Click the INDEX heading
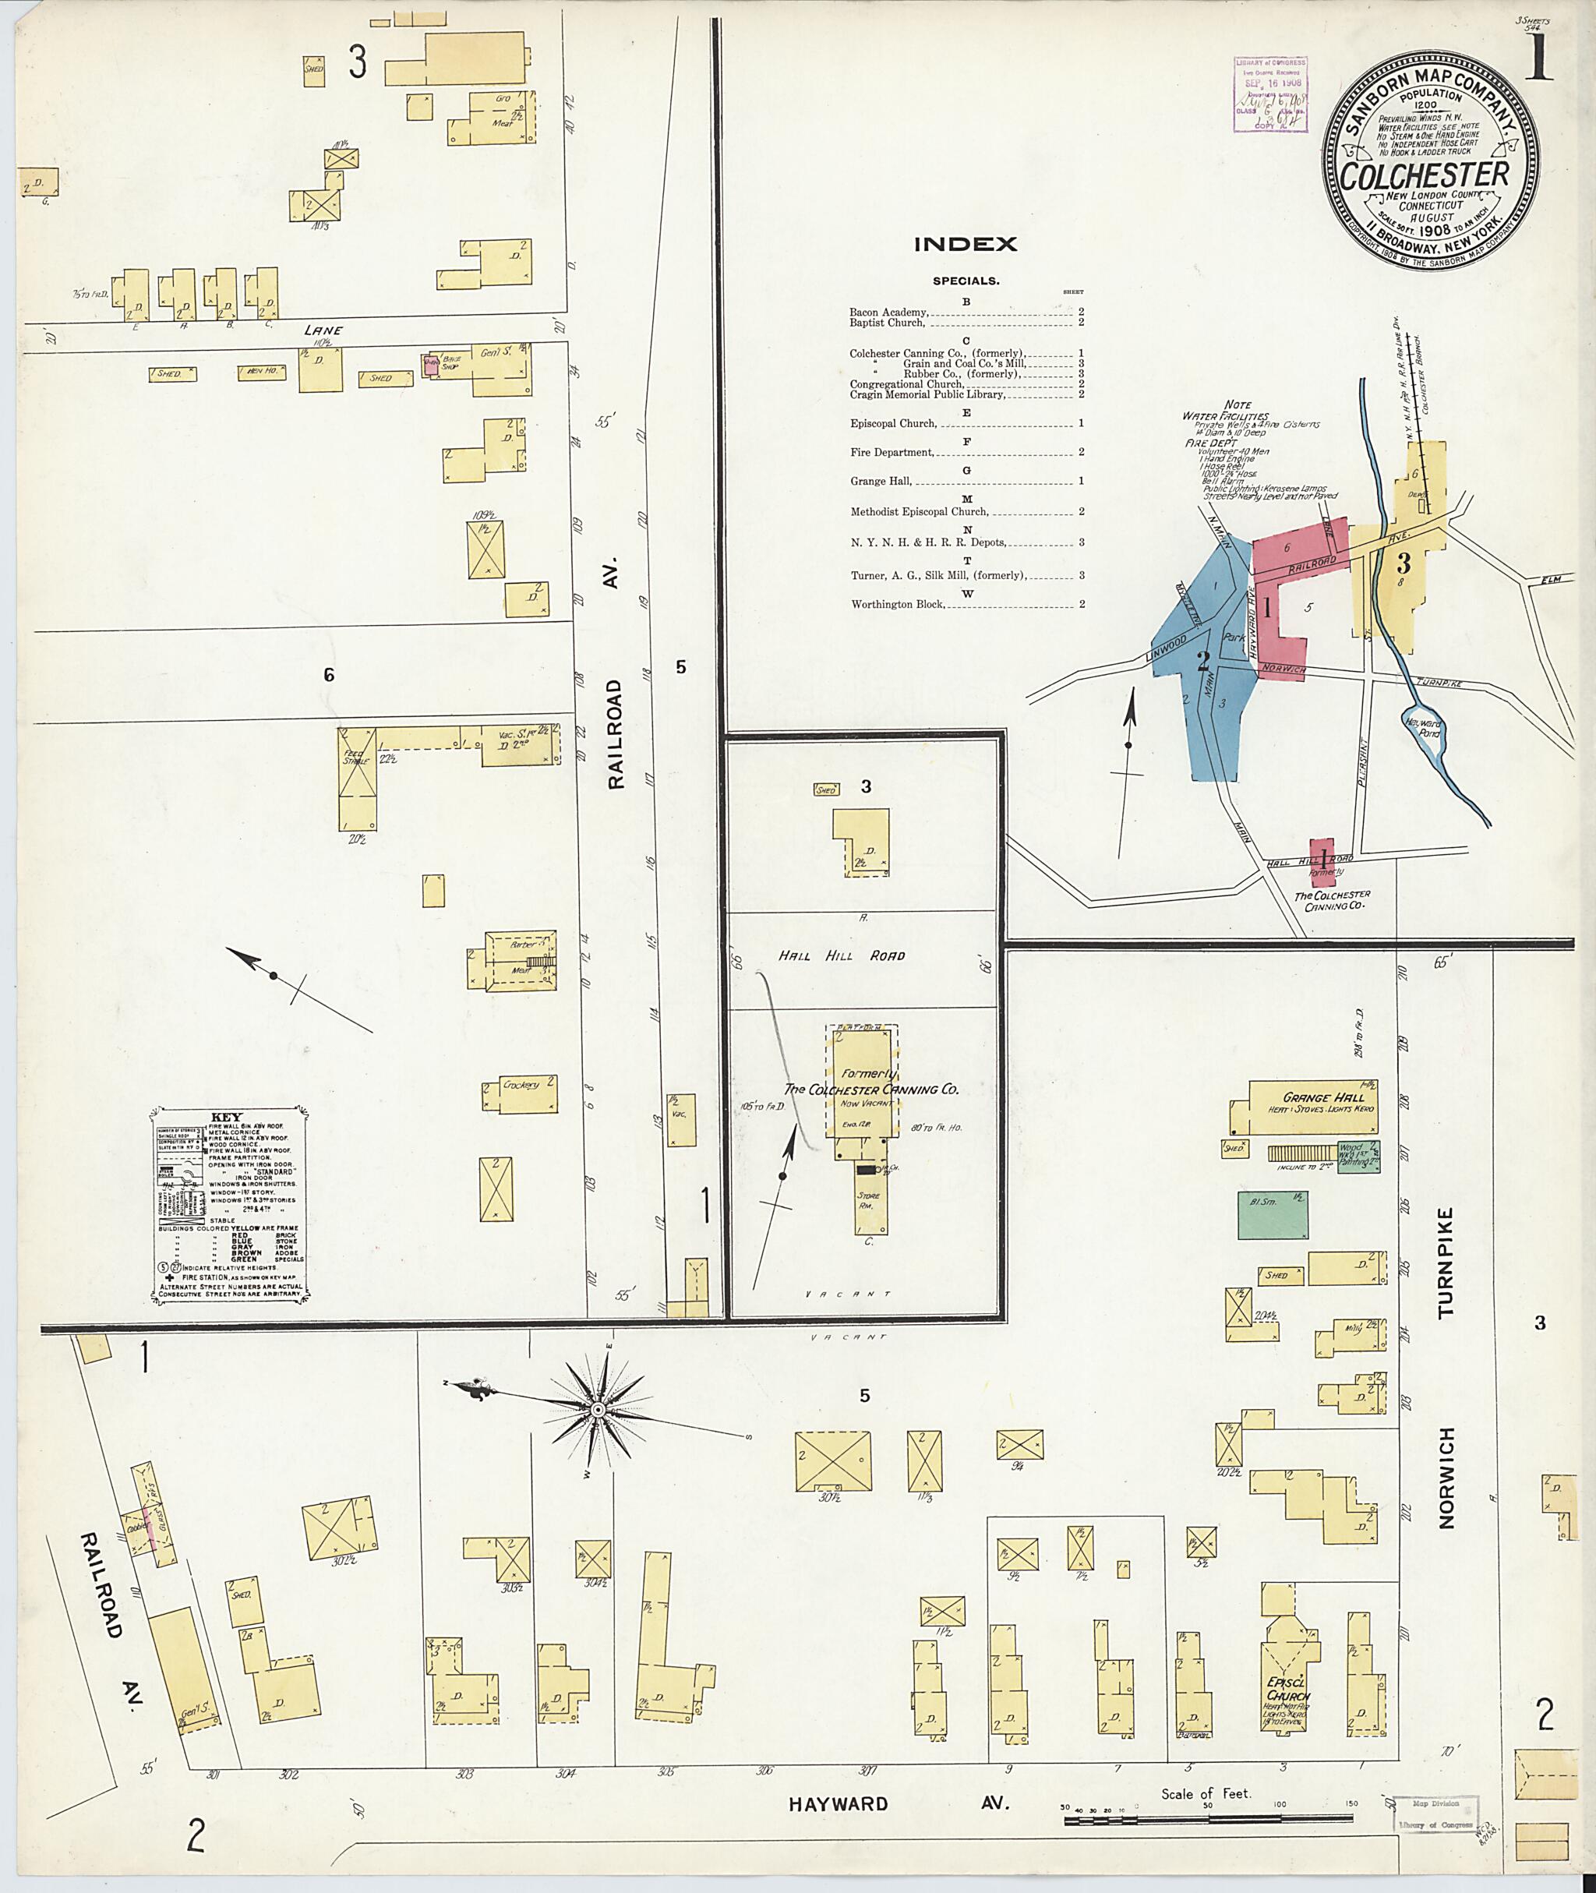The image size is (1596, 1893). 966,244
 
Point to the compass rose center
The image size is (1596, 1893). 597,1411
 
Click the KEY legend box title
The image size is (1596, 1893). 226,1117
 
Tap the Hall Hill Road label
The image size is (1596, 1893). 842,955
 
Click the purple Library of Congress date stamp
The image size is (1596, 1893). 1270,95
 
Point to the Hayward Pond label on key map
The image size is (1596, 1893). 1422,729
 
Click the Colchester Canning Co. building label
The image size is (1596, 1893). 870,1089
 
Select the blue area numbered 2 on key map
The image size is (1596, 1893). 1203,661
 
